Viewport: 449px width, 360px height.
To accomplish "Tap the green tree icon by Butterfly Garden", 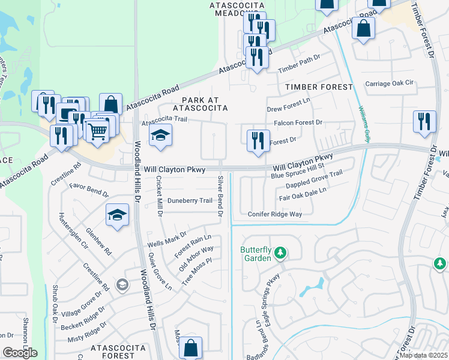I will point(279,254).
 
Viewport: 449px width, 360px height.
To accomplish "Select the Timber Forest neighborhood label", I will point(319,87).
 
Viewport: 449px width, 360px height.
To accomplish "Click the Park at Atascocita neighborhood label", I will point(200,104).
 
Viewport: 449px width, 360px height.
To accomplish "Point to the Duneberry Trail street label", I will point(190,200).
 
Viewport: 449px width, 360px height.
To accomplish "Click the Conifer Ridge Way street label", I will point(274,214).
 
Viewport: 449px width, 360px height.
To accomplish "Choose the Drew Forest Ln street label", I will point(289,109).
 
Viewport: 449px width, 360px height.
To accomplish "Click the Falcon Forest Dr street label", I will point(298,122).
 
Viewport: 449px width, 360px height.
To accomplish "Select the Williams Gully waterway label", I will point(364,124).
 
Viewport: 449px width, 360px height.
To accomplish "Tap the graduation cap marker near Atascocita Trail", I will point(160,136).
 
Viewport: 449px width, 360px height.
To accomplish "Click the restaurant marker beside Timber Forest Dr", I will point(424,121).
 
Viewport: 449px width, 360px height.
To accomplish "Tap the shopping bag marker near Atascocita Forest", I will point(190,347).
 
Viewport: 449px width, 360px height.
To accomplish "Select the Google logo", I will point(19,353).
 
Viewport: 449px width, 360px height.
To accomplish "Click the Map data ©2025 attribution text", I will point(424,355).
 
